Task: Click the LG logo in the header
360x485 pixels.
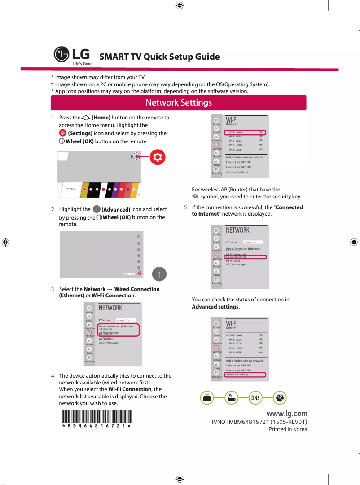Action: pyautogui.click(x=73, y=56)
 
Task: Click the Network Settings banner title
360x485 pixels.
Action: pyautogui.click(x=179, y=103)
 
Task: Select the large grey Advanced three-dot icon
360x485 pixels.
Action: pyautogui.click(x=160, y=273)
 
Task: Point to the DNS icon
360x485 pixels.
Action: pyautogui.click(x=255, y=397)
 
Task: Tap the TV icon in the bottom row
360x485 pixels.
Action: pyautogui.click(x=206, y=397)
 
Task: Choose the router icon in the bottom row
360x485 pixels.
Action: pyautogui.click(x=231, y=397)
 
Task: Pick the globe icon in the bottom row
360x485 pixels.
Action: pyautogui.click(x=280, y=397)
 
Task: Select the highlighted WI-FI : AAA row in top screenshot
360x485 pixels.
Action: pyautogui.click(x=245, y=133)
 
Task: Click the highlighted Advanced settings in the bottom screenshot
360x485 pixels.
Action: pyautogui.click(x=246, y=375)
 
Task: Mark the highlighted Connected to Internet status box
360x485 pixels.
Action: pyautogui.click(x=246, y=257)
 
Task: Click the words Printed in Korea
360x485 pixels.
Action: pyautogui.click(x=288, y=429)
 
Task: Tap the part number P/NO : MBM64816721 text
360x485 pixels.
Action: pyautogui.click(x=259, y=422)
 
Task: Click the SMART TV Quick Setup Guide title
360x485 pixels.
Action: pyautogui.click(x=159, y=57)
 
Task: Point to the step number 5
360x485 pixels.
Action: pyautogui.click(x=186, y=207)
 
